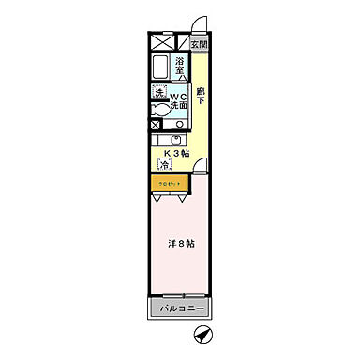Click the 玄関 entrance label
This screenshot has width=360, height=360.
point(199,44)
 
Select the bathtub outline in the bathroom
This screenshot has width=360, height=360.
point(159,68)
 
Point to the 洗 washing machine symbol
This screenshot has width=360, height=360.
point(159,93)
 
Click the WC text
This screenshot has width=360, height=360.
point(178,94)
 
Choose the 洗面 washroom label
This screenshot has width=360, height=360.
point(178,104)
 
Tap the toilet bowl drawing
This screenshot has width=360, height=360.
point(162,110)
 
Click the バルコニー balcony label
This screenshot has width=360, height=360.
point(178,308)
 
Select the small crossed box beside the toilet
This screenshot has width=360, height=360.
point(155,123)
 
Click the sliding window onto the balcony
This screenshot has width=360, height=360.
point(178,293)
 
